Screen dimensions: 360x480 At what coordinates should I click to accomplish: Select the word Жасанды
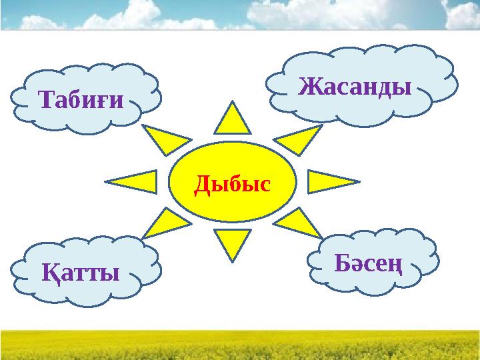pos(354,85)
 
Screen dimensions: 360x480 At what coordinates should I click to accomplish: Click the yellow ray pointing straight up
pos(233,120)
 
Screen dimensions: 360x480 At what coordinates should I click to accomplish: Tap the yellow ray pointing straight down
pos(233,243)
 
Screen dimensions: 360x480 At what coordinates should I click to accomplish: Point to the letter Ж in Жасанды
pos(309,85)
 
